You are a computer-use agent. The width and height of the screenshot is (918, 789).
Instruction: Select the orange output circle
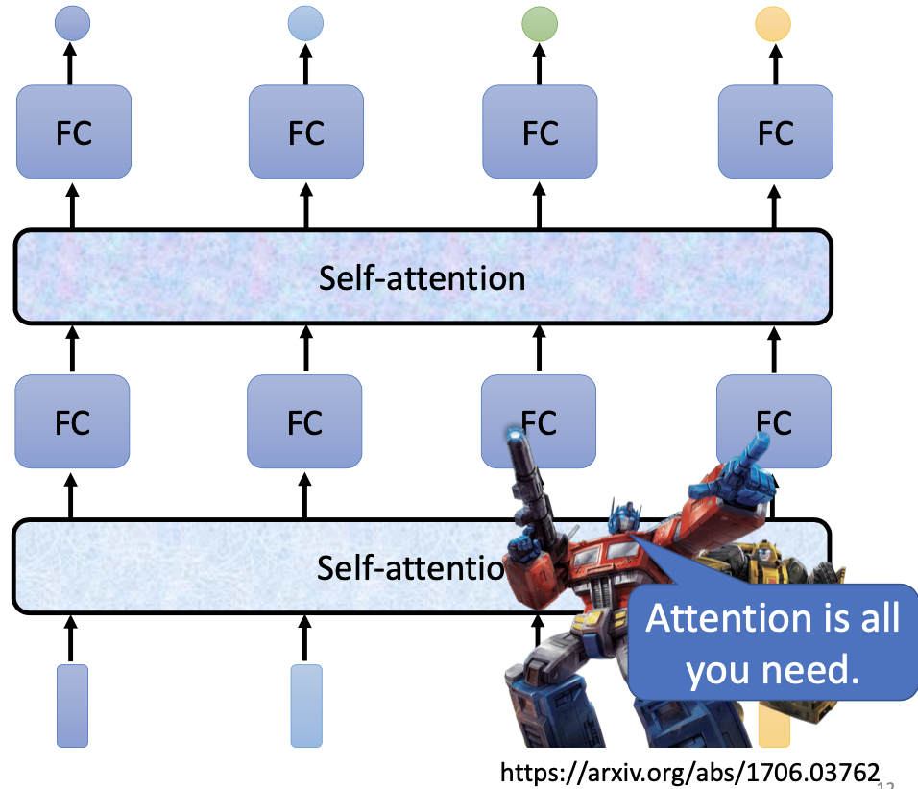pos(774,24)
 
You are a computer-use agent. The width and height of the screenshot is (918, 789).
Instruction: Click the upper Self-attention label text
pos(423,278)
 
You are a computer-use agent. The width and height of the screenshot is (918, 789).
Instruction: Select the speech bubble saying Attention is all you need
pos(772,644)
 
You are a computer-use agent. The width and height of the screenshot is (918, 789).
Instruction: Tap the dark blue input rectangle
pos(72,705)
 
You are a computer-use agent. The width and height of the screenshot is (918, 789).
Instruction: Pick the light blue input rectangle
pos(306,705)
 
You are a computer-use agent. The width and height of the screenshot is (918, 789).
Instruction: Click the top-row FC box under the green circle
pos(540,132)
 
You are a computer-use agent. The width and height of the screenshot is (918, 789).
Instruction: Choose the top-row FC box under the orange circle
pos(775,132)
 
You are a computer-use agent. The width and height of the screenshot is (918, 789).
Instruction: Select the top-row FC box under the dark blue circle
pos(73,132)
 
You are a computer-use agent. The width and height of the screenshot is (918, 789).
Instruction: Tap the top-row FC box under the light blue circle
pos(305,132)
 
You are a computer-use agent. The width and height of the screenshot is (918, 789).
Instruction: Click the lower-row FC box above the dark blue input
pos(72,422)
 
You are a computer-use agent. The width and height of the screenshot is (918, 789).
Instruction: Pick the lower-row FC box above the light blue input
pos(304,422)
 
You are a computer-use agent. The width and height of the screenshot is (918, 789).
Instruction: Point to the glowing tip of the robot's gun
pos(513,435)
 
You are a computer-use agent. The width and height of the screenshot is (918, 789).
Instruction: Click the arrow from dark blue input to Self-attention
pos(72,638)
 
